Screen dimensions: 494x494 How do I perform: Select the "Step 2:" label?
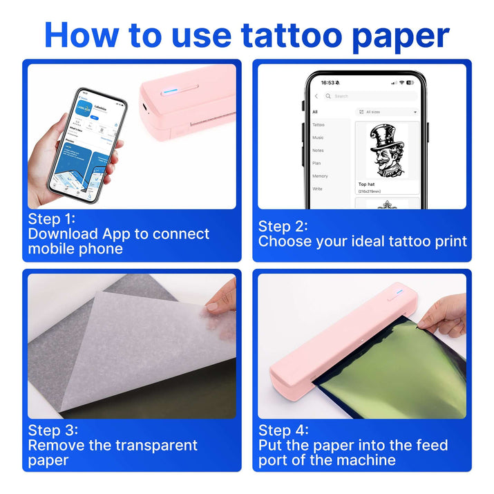pyautogui.click(x=283, y=227)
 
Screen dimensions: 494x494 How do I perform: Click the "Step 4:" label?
pyautogui.click(x=283, y=430)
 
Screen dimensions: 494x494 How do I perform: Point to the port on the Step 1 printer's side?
pyautogui.click(x=143, y=108)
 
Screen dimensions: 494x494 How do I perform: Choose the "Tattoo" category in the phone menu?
pyautogui.click(x=318, y=125)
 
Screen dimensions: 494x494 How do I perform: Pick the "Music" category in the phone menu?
pyautogui.click(x=318, y=137)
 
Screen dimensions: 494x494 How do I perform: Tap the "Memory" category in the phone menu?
pyautogui.click(x=320, y=176)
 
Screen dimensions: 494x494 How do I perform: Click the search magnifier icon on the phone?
pyautogui.click(x=328, y=96)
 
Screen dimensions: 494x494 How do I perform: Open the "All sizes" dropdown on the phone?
pyautogui.click(x=387, y=111)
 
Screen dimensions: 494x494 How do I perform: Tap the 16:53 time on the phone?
pyautogui.click(x=327, y=82)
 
